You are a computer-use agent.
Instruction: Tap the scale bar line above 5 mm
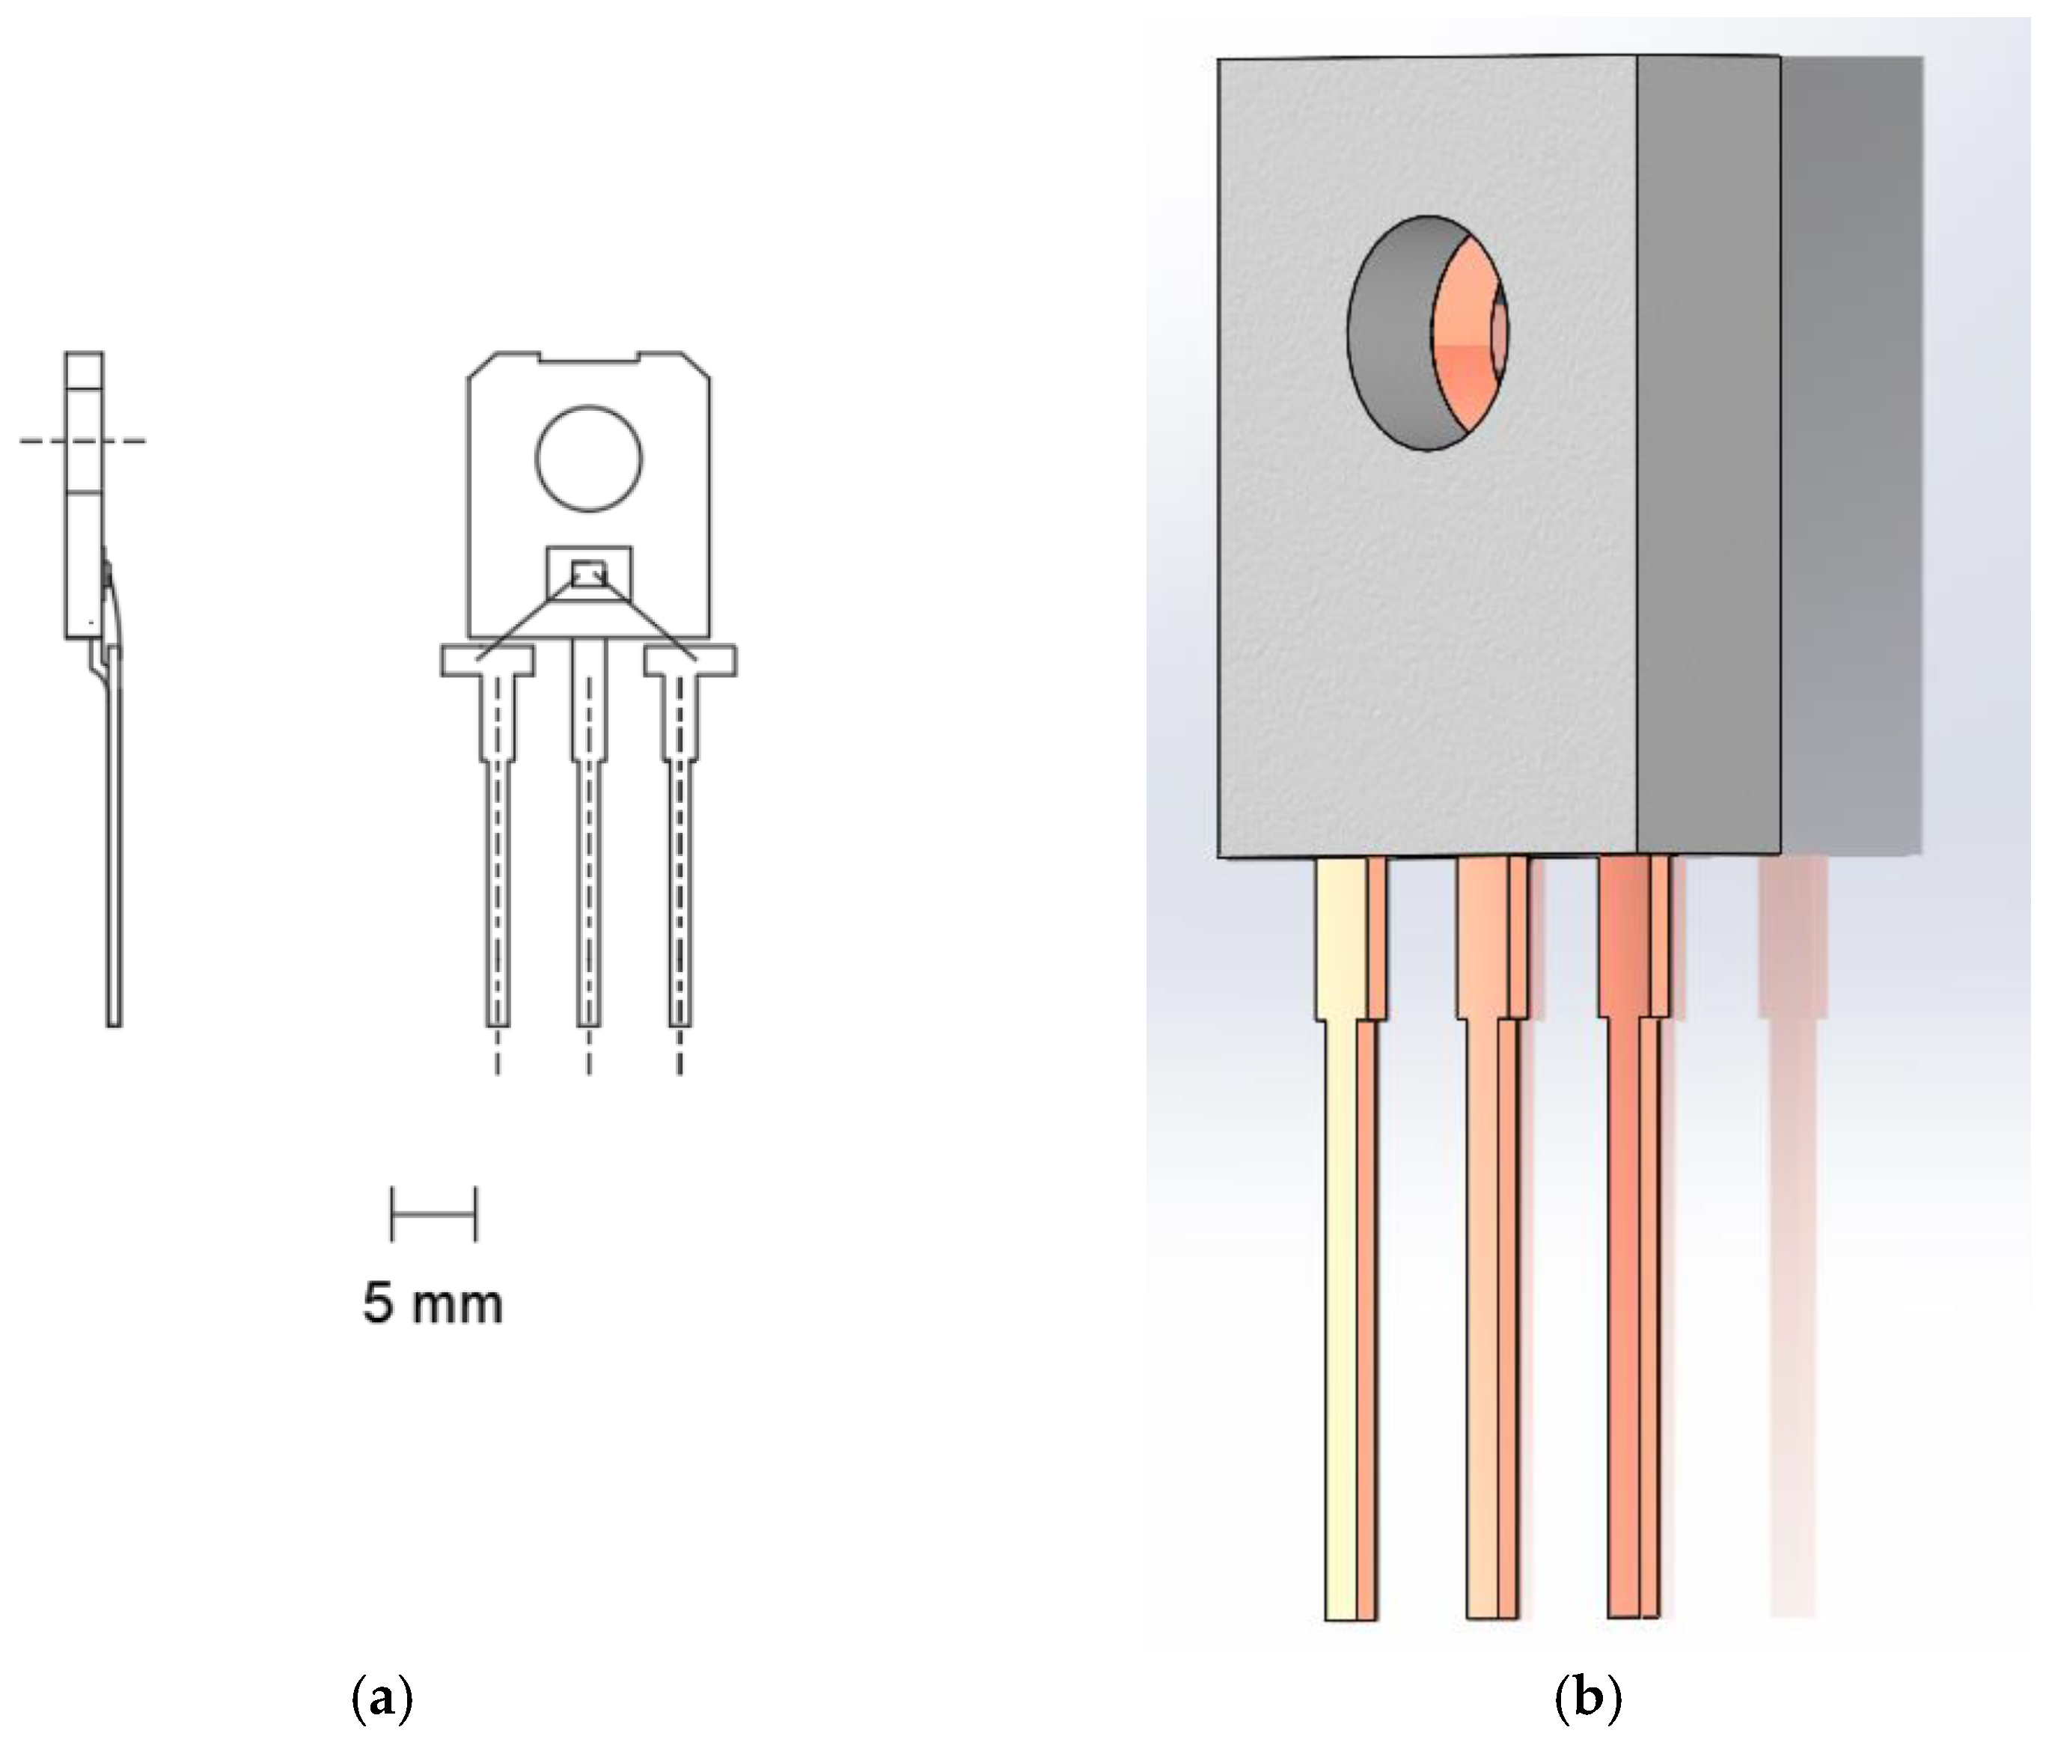coord(433,1214)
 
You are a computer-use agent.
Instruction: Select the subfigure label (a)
coord(382,1699)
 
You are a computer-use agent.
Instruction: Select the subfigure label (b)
coord(1587,1699)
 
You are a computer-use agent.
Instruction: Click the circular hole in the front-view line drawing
coord(588,459)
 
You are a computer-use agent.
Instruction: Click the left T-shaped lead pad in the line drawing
coord(487,661)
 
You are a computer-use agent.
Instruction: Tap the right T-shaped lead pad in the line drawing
coord(690,661)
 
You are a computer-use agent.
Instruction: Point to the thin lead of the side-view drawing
coord(114,840)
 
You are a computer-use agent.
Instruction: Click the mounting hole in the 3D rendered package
coord(1424,333)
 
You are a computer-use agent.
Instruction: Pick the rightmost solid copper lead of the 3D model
coord(1624,1236)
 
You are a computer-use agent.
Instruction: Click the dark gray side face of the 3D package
coord(1708,455)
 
